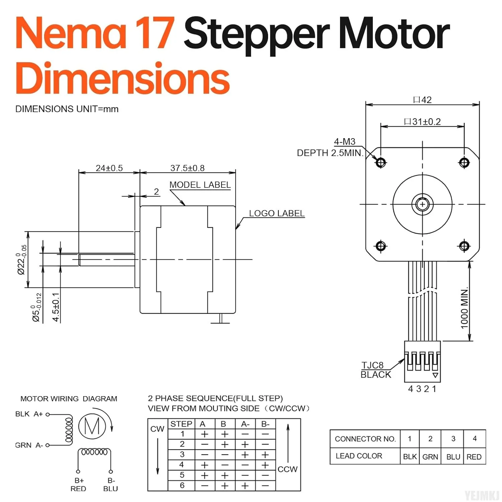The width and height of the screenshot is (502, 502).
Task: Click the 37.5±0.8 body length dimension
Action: point(187,168)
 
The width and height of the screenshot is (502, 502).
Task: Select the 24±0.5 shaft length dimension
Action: point(109,168)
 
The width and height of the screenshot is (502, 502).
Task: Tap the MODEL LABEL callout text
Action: point(200,185)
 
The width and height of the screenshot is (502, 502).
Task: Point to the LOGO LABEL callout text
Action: point(276,213)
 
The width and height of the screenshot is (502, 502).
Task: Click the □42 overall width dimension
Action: point(422,100)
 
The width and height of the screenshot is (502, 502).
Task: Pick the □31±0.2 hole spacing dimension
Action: point(422,121)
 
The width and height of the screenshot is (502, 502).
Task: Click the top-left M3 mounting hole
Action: point(381,163)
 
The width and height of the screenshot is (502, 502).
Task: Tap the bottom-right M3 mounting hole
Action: point(464,246)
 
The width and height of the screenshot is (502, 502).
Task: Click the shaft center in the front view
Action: point(422,204)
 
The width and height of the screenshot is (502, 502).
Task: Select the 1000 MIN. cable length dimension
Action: point(464,308)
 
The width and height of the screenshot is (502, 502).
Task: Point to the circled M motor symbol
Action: point(92,426)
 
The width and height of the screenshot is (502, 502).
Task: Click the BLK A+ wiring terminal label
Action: point(29,414)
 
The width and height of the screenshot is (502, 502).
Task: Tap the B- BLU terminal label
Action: point(111,485)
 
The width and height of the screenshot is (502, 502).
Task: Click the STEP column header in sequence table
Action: point(181,424)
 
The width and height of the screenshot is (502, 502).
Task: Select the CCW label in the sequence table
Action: point(287,469)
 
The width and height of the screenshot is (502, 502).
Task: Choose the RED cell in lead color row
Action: point(474,457)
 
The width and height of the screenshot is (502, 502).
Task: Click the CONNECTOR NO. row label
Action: point(365,439)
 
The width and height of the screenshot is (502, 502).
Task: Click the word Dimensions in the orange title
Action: point(122,79)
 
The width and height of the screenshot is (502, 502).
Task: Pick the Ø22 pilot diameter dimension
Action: point(22,260)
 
